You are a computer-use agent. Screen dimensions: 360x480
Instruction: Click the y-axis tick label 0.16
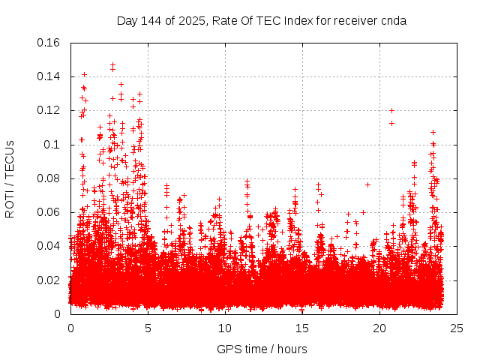coord(49,43)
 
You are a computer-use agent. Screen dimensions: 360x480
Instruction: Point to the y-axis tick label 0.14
coord(49,76)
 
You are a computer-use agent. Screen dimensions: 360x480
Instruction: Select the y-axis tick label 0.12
coord(49,110)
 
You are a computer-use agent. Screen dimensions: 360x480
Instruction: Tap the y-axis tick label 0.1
coord(53,144)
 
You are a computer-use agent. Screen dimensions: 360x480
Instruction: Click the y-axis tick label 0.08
coord(49,178)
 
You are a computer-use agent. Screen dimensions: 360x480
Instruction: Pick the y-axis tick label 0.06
coord(49,212)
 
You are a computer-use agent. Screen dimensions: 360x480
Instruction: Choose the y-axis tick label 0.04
coord(49,246)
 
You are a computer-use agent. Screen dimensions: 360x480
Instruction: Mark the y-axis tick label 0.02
coord(49,280)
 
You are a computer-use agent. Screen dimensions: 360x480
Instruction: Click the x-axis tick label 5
coord(148,328)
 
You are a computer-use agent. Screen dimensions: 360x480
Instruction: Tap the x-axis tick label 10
coord(225,328)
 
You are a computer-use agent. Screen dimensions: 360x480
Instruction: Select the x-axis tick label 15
coord(302,328)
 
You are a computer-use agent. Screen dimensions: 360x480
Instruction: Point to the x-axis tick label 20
coord(379,328)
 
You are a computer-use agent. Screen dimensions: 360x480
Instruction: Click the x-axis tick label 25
coord(457,328)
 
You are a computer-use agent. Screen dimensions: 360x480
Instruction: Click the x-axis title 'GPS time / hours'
coord(262,349)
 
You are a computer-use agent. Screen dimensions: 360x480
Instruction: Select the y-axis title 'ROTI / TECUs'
coord(10,178)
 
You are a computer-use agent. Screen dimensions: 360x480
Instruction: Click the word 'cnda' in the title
coord(393,21)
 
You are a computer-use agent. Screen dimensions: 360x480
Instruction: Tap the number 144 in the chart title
coord(152,21)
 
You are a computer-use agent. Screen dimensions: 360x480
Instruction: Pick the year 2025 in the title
coord(191,21)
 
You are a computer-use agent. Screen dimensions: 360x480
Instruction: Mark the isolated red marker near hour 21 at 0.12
coord(391,111)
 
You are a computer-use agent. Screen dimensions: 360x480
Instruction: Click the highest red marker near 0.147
coord(112,65)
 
